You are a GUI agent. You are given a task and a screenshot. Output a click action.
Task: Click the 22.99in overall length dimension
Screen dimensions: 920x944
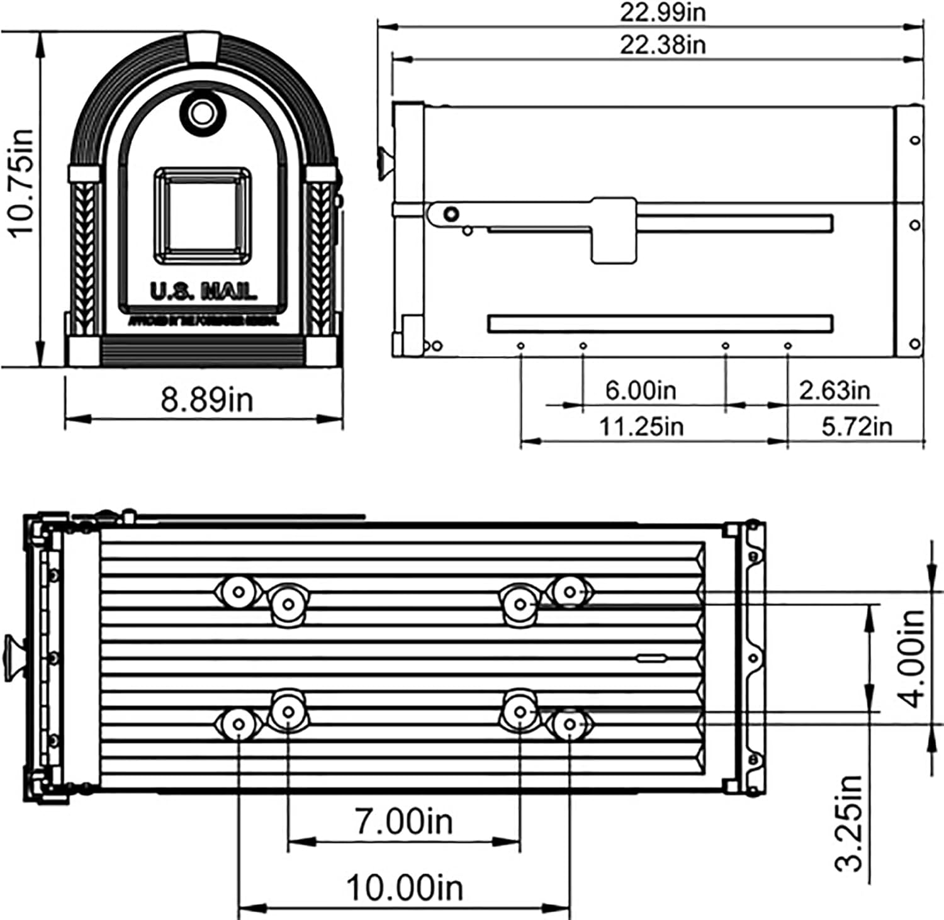click(662, 12)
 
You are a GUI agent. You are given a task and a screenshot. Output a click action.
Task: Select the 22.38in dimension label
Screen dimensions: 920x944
click(662, 45)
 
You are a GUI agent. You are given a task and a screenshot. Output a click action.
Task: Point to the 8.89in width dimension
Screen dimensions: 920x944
click(206, 400)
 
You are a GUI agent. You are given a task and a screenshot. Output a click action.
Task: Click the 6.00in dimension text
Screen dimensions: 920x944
click(640, 390)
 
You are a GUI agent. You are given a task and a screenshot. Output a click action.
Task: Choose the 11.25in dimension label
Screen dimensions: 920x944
click(640, 427)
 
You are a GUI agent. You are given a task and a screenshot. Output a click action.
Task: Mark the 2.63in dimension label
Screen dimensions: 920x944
click(834, 390)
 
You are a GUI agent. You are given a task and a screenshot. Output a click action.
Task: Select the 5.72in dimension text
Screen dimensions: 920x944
click(856, 427)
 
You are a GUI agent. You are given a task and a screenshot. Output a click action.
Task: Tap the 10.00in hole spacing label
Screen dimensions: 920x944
click(404, 888)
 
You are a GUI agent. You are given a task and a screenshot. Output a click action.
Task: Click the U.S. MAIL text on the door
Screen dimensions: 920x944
click(203, 291)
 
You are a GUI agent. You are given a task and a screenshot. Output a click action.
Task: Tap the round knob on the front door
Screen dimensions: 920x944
click(202, 113)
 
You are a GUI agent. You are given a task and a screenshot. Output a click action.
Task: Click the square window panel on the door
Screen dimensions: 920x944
click(203, 215)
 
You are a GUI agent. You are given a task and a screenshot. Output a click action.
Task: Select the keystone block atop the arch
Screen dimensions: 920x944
click(203, 48)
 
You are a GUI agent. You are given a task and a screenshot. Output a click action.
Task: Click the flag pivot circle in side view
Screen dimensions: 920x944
click(451, 214)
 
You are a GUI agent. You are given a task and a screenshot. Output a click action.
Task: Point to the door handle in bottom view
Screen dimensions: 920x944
click(14, 658)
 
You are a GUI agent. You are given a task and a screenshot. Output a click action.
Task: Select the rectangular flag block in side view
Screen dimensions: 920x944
click(613, 230)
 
